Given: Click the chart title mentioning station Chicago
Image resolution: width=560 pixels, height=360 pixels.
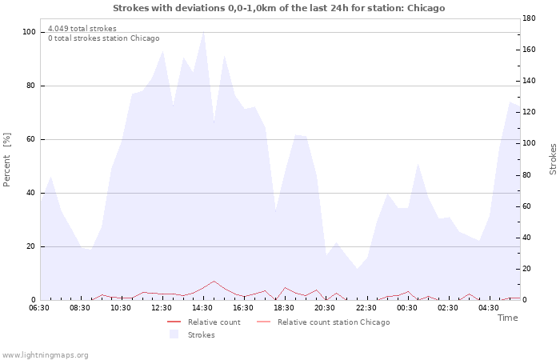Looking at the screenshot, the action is (279, 8).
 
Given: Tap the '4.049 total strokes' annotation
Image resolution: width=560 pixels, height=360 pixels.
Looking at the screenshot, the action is (82, 29).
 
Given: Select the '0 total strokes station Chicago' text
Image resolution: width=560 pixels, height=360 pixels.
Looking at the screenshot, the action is (103, 38).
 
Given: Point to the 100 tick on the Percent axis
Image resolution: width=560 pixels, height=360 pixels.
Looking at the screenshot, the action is (29, 32).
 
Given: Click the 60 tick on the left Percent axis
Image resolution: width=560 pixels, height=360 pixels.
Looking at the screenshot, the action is (30, 139).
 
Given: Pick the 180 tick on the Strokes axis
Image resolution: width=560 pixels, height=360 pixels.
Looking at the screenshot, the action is (529, 18).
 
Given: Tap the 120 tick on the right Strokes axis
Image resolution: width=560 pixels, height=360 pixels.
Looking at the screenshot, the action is (529, 112).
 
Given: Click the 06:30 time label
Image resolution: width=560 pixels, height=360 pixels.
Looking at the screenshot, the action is (39, 308).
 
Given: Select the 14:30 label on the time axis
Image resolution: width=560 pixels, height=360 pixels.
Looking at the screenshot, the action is (202, 308).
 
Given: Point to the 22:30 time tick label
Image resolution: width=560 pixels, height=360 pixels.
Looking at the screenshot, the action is (366, 308).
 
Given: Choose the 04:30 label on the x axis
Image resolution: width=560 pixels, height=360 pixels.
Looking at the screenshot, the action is (489, 308).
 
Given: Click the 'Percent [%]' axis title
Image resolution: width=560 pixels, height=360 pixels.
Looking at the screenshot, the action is (6, 160).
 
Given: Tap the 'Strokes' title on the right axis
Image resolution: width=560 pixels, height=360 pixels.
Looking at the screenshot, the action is (553, 159).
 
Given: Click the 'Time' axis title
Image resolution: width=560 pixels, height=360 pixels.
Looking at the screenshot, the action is (507, 318).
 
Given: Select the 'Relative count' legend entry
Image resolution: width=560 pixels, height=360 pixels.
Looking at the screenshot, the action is (204, 322).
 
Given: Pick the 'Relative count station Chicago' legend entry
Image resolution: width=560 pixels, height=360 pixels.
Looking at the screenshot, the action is (323, 322).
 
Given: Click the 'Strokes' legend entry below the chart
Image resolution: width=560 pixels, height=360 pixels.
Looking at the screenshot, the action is (193, 334).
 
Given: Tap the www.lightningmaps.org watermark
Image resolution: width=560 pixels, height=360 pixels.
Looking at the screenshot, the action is (45, 355).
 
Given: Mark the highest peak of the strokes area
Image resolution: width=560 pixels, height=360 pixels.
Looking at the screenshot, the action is (203, 32).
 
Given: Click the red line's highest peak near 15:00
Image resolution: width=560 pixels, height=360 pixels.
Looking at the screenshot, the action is (214, 281).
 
